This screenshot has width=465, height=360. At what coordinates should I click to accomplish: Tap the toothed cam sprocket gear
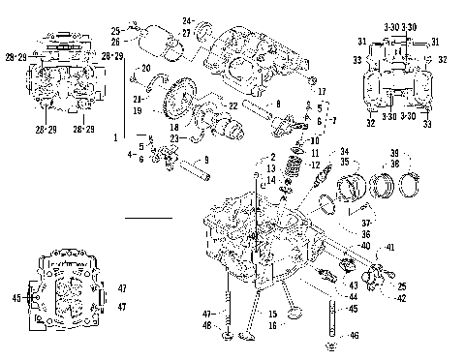pos(183,101)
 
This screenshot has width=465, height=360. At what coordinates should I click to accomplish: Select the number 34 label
pos(343,151)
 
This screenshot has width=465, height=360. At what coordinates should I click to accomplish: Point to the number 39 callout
pos(393,152)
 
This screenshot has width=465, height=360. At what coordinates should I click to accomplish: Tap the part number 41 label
pos(390,249)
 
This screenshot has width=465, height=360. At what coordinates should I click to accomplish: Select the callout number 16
pos(274,327)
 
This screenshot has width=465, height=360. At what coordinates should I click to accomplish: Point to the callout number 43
pos(353,285)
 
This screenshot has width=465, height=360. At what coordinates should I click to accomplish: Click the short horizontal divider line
pos(149,220)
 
